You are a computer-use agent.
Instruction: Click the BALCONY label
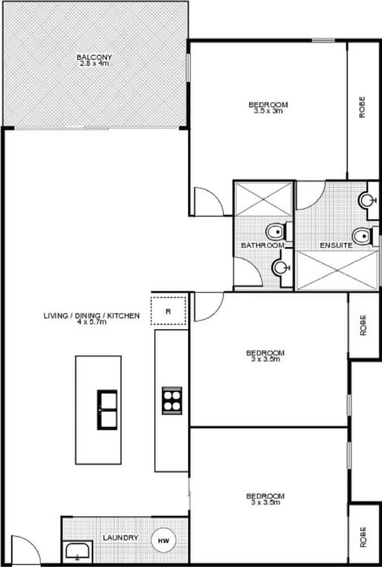[94, 57]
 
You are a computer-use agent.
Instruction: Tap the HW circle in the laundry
[163, 541]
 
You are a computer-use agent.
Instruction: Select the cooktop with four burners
[172, 401]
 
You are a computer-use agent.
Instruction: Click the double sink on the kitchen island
[107, 410]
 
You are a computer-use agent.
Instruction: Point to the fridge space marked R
[168, 311]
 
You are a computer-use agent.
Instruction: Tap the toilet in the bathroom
[277, 231]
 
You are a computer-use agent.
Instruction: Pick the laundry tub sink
[78, 552]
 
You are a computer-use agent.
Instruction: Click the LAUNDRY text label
[121, 538]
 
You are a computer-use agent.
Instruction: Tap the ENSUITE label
[336, 245]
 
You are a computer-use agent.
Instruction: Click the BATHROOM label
[263, 245]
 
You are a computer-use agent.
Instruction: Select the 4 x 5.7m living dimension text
[91, 322]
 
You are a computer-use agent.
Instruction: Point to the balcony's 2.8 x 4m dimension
[94, 64]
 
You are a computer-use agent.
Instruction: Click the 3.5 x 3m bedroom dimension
[268, 111]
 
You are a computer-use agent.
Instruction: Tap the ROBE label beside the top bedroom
[362, 107]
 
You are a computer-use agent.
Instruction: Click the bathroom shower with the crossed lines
[264, 199]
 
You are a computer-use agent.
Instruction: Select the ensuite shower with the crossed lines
[337, 270]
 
